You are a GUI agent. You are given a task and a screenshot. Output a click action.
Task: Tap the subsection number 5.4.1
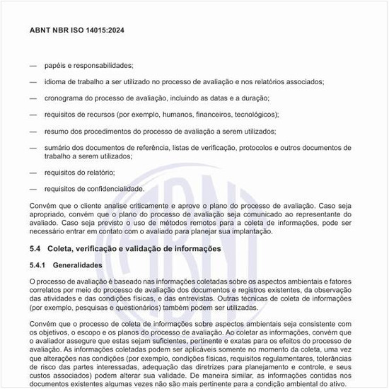pos(38,265)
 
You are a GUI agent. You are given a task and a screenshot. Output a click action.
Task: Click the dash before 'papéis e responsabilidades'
pos(33,65)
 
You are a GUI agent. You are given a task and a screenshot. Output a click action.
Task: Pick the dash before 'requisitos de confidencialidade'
pos(33,189)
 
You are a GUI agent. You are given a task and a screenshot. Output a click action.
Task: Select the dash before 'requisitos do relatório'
pos(33,172)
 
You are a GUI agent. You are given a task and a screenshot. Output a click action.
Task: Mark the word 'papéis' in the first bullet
pos(55,65)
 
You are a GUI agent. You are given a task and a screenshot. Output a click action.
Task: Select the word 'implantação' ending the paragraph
pos(251,231)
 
